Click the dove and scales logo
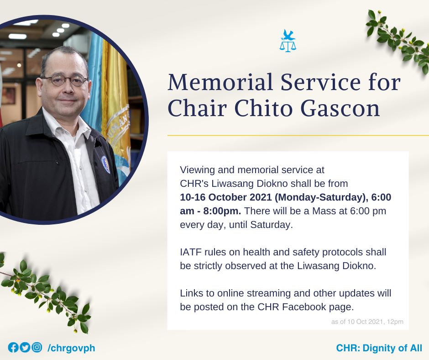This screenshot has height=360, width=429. (288, 41)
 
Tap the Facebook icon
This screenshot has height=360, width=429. (13, 348)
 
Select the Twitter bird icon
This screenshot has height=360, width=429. (25, 348)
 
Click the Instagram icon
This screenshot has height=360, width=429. (37, 347)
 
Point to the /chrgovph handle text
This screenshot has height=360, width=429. (71, 348)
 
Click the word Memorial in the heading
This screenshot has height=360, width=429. (220, 82)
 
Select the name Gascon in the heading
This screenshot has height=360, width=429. (340, 108)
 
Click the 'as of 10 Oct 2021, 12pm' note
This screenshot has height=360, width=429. (367, 322)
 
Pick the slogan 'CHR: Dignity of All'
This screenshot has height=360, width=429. (379, 348)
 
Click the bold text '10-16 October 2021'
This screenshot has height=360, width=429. (226, 197)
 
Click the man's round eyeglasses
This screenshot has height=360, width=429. (66, 80)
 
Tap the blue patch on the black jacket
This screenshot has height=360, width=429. (105, 164)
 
